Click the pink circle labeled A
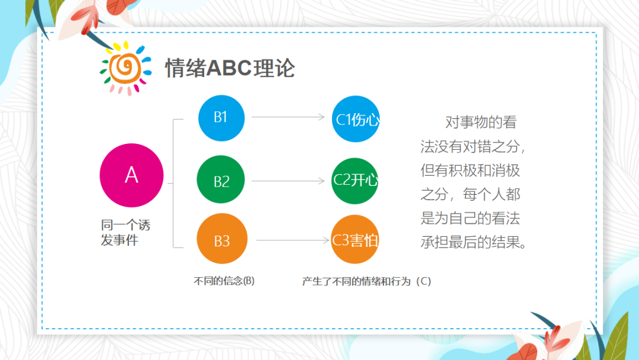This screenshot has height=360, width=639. coord(131,175)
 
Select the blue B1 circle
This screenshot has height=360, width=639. coord(221,117)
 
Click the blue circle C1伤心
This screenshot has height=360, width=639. coord(355,119)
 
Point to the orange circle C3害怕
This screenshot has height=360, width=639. coord(355,240)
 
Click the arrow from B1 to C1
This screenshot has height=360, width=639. coord(288,117)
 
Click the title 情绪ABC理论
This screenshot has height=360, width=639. coord(230,68)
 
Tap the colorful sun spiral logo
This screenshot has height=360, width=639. coord(125,67)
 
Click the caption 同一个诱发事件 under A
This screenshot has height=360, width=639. coord(125,233)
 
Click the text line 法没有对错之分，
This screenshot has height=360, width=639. coord(473,147)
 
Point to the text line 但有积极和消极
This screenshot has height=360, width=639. coord(470,171)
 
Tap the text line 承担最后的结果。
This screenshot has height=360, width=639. coord(473,243)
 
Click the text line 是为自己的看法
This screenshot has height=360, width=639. coord(470,218)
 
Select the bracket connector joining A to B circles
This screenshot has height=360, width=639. coord(173,183)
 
